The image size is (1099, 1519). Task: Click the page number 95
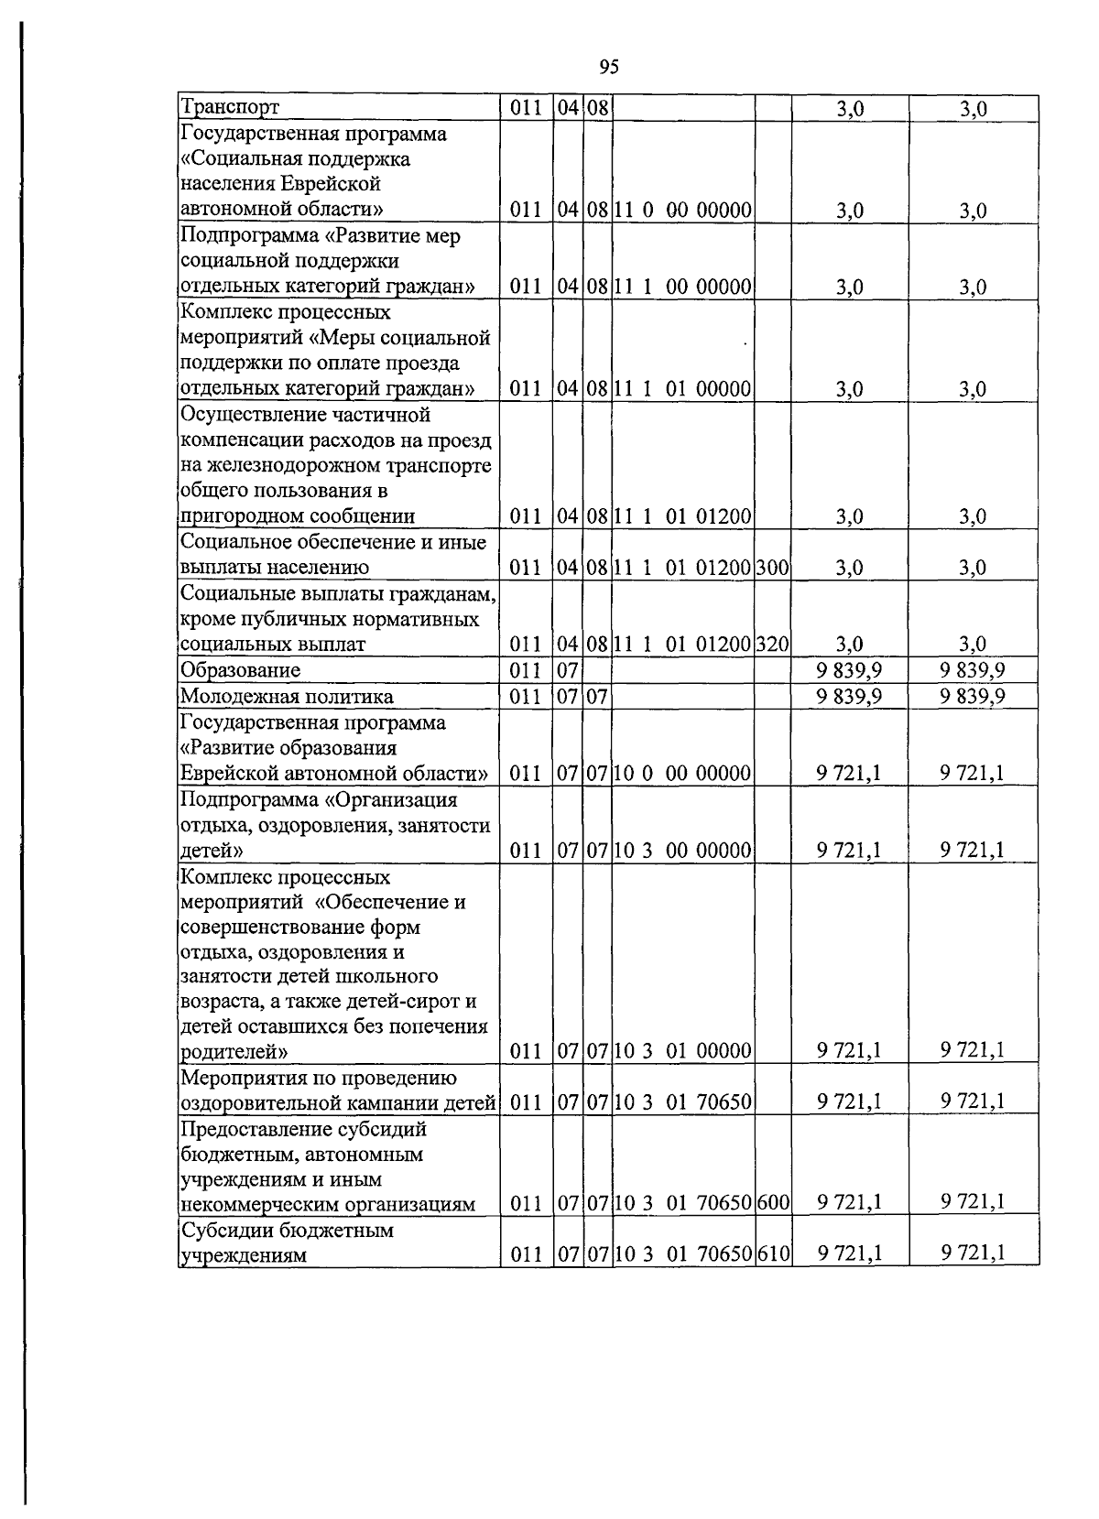pyautogui.click(x=609, y=66)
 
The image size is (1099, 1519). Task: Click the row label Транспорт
pyautogui.click(x=230, y=108)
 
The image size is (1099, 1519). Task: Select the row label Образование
pyautogui.click(x=241, y=670)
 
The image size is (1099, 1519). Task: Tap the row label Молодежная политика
pyautogui.click(x=287, y=697)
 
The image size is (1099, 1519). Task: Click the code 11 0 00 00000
pyautogui.click(x=683, y=211)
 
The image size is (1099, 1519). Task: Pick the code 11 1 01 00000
pyautogui.click(x=683, y=389)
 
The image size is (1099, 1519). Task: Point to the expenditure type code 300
pyautogui.click(x=773, y=568)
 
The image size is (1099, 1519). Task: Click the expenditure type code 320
pyautogui.click(x=773, y=645)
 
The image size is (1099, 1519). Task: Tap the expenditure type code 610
pyautogui.click(x=773, y=1255)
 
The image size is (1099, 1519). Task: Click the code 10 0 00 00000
pyautogui.click(x=683, y=774)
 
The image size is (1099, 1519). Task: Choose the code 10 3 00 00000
pyautogui.click(x=683, y=851)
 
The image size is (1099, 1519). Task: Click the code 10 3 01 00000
pyautogui.click(x=683, y=1051)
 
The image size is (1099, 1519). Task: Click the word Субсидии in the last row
pyautogui.click(x=223, y=1231)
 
